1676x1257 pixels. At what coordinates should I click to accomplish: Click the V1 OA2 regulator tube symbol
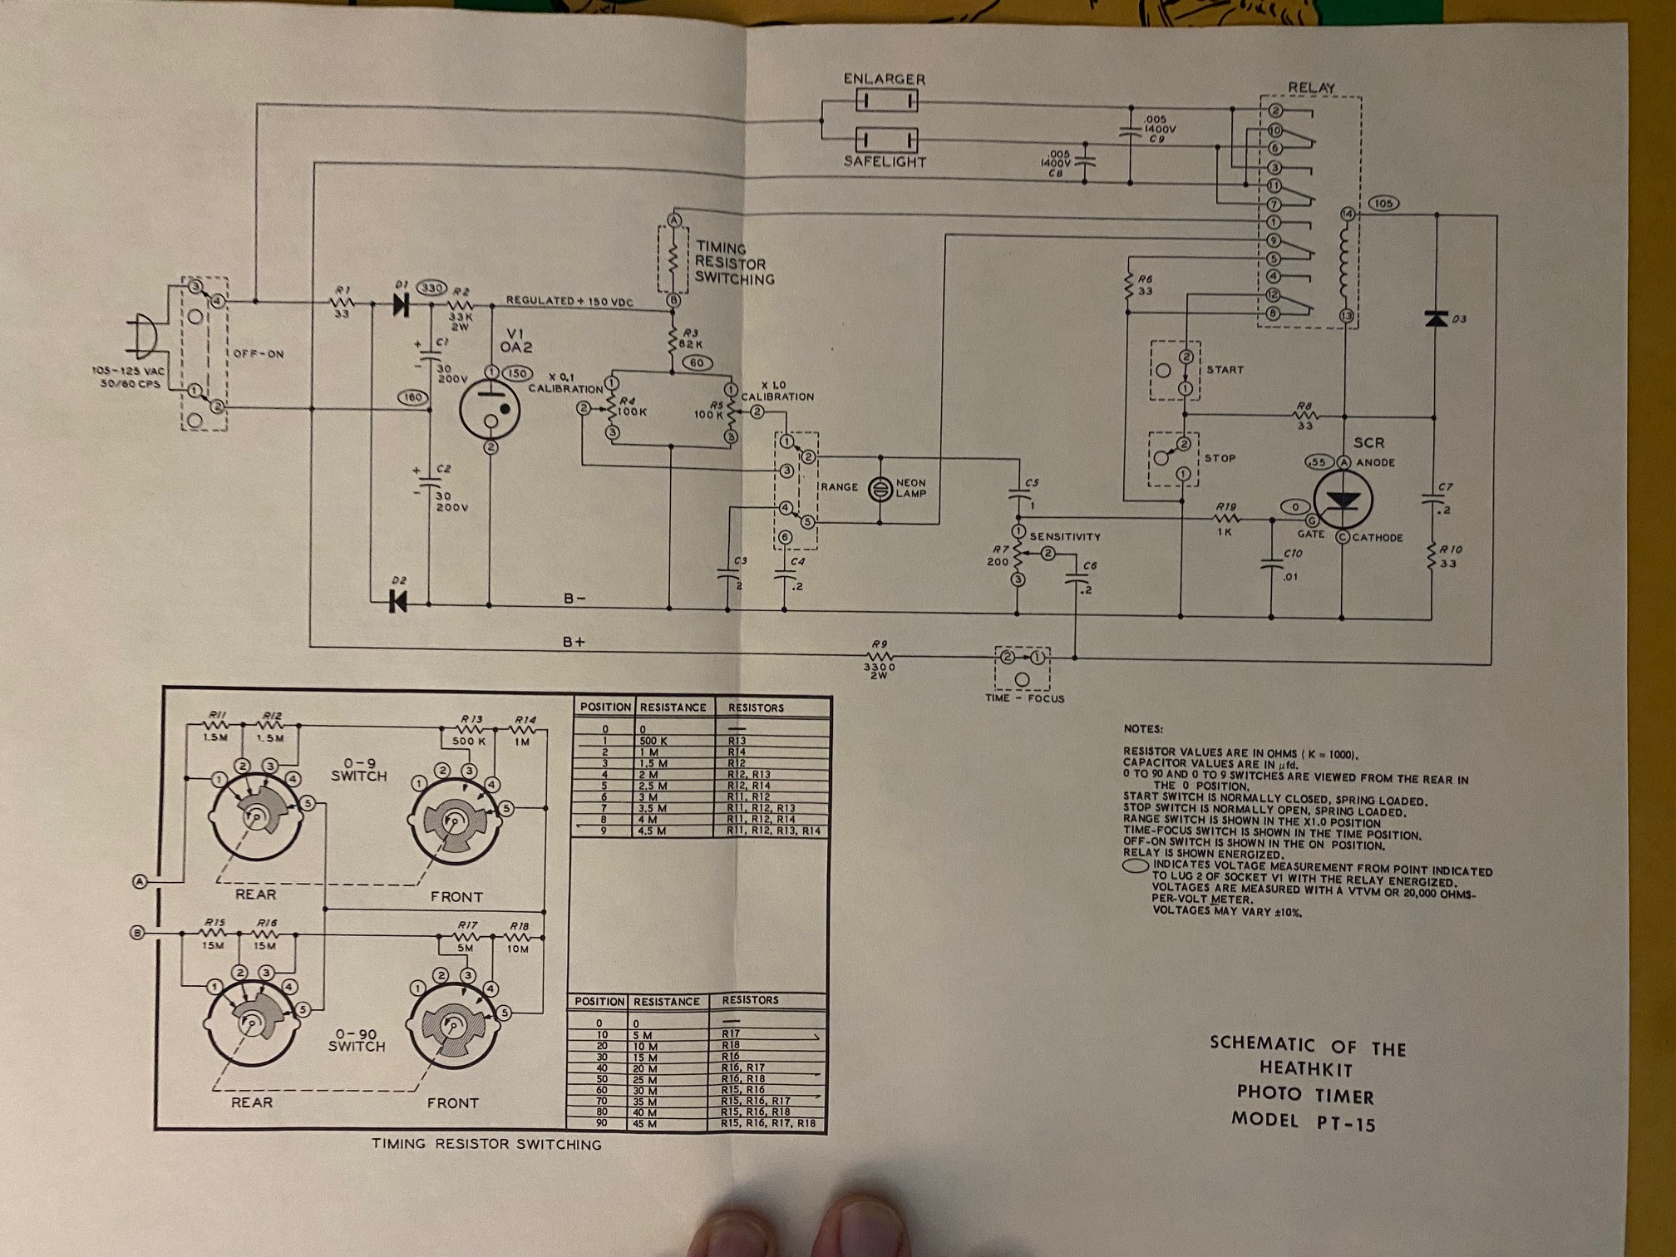490,409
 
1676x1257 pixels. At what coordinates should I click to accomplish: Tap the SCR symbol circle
1343,499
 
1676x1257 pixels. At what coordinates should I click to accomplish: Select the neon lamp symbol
880,489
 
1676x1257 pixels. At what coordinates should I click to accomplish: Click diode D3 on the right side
1436,318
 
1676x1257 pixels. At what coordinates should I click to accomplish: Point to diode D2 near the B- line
398,600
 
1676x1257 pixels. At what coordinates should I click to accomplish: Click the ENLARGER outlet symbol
886,101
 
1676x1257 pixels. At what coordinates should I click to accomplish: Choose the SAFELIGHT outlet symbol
886,138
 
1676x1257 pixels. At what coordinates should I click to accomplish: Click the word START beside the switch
1225,369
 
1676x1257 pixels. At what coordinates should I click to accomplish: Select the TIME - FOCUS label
1024,698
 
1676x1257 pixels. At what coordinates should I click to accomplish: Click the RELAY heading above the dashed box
1311,87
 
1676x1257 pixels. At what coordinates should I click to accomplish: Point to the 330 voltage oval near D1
431,288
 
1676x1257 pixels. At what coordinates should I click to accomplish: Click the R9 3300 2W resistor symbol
879,657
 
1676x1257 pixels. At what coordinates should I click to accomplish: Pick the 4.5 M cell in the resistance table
652,831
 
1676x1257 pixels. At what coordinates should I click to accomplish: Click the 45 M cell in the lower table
645,1124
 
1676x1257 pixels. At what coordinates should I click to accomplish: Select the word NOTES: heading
1143,729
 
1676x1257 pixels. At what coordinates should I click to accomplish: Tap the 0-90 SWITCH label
357,1040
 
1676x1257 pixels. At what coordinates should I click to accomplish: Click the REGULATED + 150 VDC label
569,301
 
